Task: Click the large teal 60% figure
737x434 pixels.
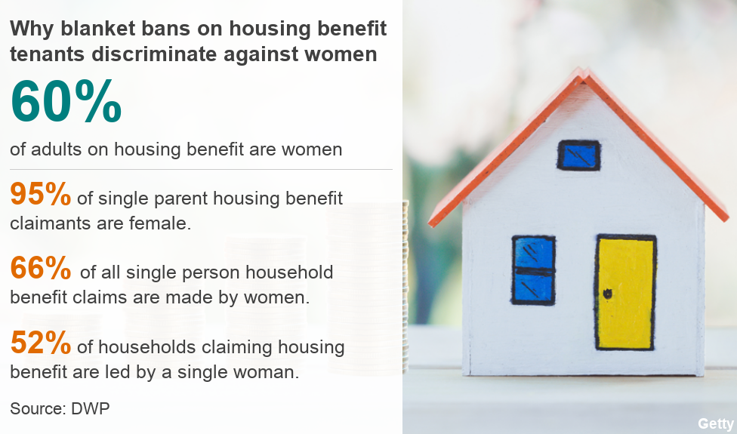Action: [66, 101]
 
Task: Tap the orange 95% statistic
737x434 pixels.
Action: [41, 194]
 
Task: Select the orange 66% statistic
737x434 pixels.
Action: [41, 268]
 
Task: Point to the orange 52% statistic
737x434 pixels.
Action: [41, 343]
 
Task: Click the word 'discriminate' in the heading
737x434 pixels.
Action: [154, 54]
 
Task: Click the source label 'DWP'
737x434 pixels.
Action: [91, 408]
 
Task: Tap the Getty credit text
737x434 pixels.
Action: [715, 423]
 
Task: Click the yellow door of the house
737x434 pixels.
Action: [625, 292]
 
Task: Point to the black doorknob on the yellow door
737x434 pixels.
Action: [607, 294]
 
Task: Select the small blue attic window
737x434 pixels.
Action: [578, 155]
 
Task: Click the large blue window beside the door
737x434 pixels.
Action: [533, 270]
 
